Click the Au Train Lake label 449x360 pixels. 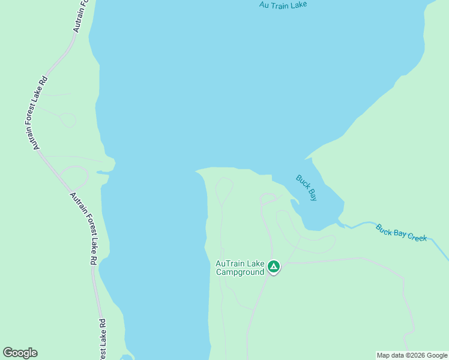click(x=283, y=5)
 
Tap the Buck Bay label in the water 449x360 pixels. click(x=306, y=188)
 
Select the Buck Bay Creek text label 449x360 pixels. click(x=401, y=232)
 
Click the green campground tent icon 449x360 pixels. click(x=274, y=266)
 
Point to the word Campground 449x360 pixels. click(x=240, y=272)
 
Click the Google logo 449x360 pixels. click(x=20, y=353)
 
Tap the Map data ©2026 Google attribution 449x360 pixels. click(x=412, y=355)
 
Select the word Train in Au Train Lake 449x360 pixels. click(x=280, y=5)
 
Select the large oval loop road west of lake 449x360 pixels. click(x=74, y=178)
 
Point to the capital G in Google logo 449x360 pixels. click(x=8, y=353)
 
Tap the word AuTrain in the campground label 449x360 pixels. click(x=229, y=263)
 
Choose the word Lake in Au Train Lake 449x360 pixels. click(x=298, y=5)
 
